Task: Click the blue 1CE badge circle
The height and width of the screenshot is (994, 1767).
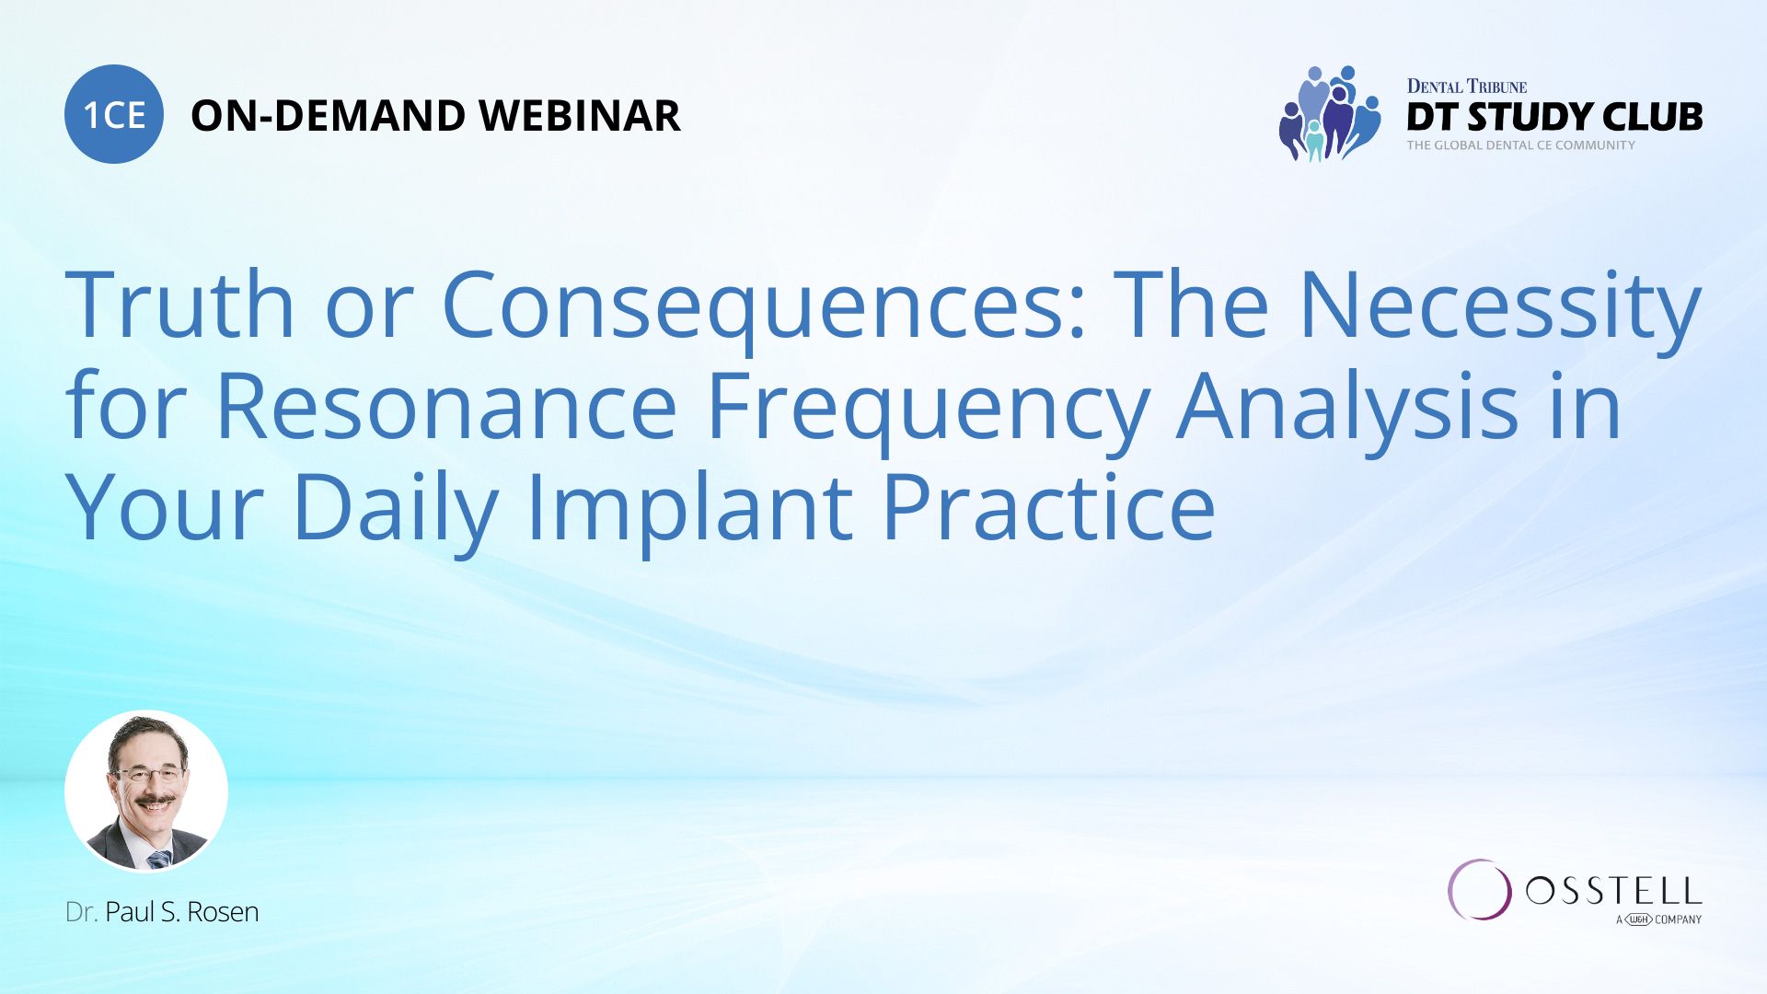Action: (114, 114)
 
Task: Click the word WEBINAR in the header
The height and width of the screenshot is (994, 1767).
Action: (579, 116)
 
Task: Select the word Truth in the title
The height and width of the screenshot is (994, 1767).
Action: (179, 304)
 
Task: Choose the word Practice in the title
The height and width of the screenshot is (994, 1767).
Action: (1048, 506)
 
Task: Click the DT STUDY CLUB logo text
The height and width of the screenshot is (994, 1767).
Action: (1554, 117)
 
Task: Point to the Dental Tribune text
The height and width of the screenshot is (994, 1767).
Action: (1466, 87)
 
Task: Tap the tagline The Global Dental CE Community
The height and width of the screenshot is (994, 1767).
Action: (1520, 145)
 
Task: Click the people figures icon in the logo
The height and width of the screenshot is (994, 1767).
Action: (1330, 113)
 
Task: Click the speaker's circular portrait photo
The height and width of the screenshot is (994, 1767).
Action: (146, 791)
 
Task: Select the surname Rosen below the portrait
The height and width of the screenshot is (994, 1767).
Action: (223, 912)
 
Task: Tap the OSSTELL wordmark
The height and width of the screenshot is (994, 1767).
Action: (1613, 891)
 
